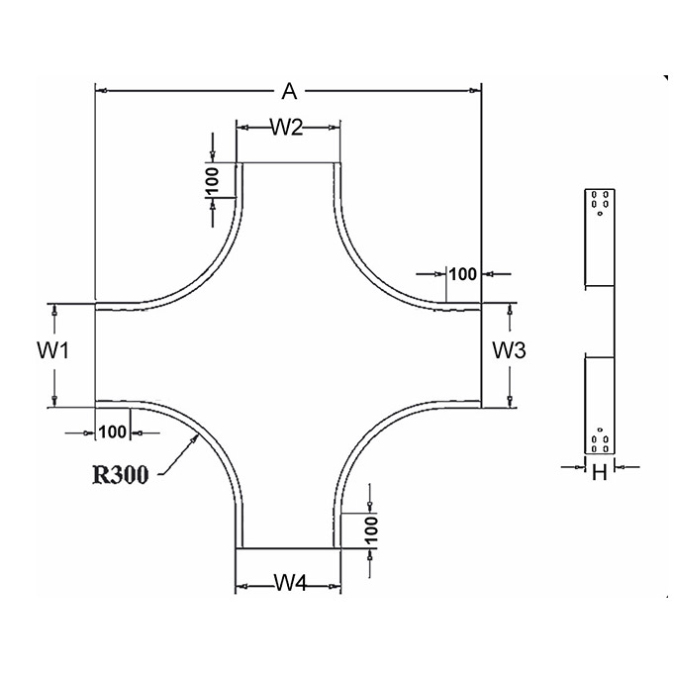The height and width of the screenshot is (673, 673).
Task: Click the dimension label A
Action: tap(289, 91)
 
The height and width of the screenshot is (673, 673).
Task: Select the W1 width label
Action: tap(52, 350)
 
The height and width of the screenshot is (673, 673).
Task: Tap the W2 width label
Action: tap(287, 127)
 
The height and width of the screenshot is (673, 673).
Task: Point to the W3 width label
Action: tap(509, 350)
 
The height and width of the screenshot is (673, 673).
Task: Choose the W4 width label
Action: tap(291, 583)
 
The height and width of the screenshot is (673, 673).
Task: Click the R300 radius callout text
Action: tap(121, 475)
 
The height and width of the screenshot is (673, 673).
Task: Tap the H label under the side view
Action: tap(600, 472)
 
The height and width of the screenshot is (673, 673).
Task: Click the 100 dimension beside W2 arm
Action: tap(213, 180)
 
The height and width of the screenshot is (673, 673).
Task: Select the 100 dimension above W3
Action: tap(463, 274)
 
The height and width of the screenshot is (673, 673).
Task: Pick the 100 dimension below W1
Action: tap(113, 433)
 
